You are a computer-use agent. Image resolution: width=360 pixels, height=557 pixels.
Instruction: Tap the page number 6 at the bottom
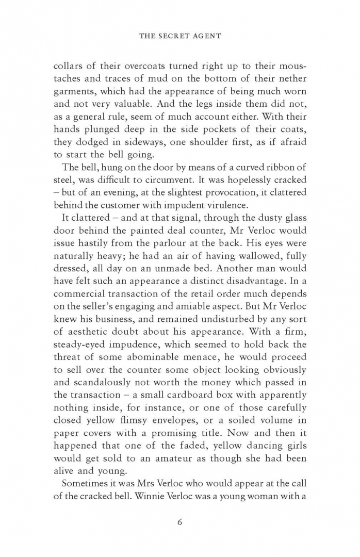[x=179, y=521]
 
